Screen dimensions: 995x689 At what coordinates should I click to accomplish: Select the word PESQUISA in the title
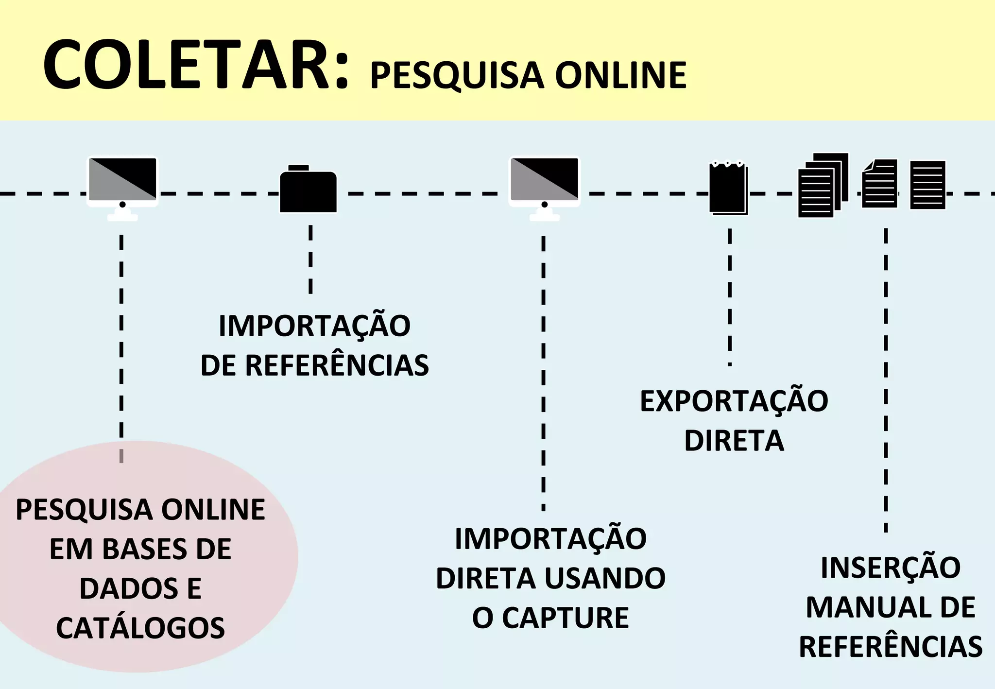coord(457,76)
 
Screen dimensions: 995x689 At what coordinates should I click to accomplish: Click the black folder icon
coord(308,190)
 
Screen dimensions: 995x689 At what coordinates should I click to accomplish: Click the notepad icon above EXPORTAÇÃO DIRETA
coord(728,188)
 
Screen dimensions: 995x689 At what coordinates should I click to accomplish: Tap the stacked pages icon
coord(823,186)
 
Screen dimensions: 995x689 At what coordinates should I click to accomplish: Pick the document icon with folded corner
coord(879,184)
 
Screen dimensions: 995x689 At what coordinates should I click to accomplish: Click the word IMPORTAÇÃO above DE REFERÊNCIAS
coord(314,326)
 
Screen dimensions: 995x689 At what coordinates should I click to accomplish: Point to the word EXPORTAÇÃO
coord(734,401)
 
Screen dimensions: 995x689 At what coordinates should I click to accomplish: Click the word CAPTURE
coord(565,618)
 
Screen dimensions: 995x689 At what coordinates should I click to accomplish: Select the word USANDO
coord(605,578)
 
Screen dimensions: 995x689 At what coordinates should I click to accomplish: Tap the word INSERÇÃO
coord(890,568)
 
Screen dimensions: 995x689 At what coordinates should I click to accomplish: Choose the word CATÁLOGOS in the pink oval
coord(140,628)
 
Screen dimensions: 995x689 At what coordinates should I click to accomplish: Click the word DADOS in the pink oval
coord(129,588)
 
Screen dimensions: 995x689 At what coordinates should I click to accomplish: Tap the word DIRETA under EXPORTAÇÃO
coord(734,441)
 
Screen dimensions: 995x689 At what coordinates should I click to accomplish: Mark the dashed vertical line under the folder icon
coord(310,259)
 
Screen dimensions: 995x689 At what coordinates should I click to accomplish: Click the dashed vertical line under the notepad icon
coord(729,296)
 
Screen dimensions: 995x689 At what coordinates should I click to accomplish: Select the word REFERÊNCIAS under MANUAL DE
coord(890,647)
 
